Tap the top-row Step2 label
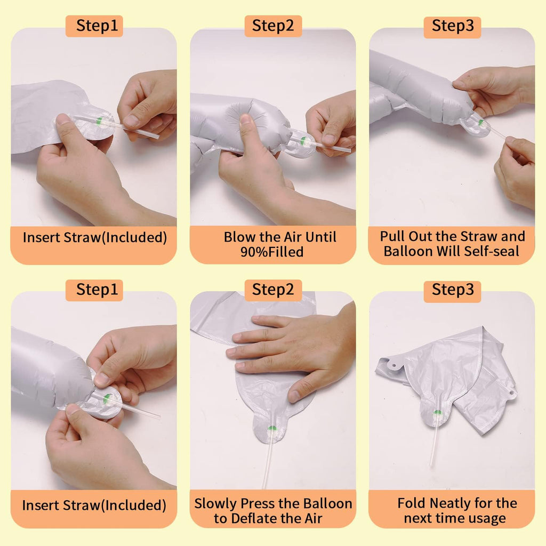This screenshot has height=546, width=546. tap(273, 26)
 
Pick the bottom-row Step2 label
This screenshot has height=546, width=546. tap(273, 290)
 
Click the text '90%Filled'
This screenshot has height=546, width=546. tap(272, 252)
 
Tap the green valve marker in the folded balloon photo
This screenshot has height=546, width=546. tap(437, 413)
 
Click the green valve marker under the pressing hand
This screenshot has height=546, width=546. tap(272, 428)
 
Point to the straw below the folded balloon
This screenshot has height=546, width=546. tap(434, 440)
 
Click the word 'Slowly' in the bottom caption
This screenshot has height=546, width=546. tap(215, 503)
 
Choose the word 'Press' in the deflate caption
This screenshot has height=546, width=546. tap(258, 503)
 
